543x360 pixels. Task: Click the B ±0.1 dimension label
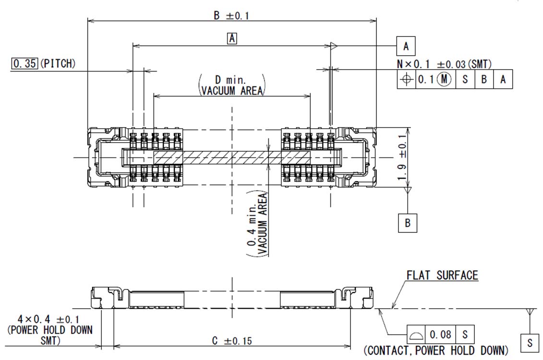click(231, 15)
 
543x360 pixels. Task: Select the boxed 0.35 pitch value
click(24, 63)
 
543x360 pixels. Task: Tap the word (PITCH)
click(58, 63)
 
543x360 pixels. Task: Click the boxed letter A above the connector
click(232, 38)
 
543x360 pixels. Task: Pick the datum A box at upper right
click(406, 46)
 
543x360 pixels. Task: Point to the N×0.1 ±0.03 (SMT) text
click(444, 64)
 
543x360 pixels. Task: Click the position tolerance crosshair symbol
click(406, 80)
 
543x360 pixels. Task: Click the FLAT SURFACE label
click(442, 275)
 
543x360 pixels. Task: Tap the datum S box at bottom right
click(530, 343)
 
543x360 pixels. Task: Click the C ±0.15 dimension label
click(232, 341)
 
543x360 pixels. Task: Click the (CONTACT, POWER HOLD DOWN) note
click(435, 350)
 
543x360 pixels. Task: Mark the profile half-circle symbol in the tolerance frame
click(416, 334)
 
